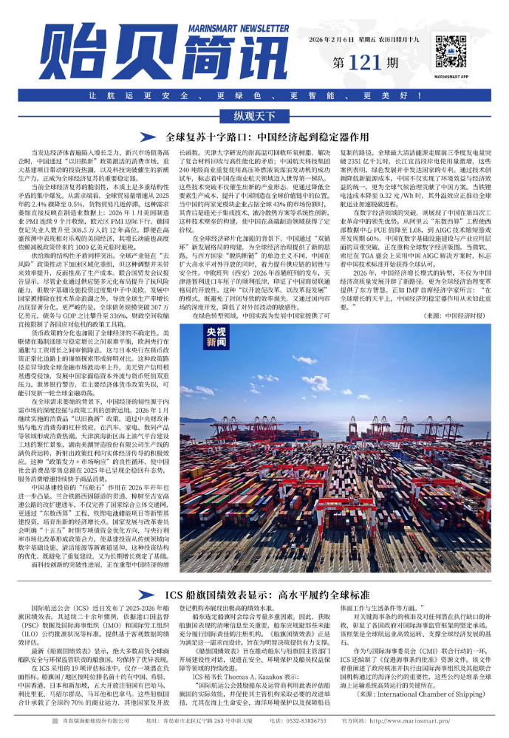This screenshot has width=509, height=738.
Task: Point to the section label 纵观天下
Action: coord(254,116)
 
